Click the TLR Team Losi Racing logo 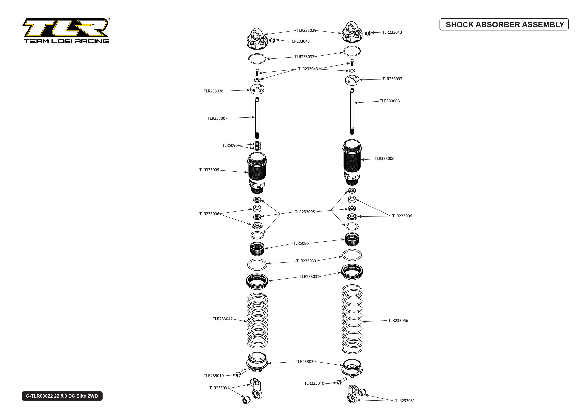point(66,31)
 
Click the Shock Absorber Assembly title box point(504,25)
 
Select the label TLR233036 point(213,91)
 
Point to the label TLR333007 point(217,118)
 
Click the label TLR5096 point(230,146)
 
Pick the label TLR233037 point(392,79)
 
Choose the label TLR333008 point(390,101)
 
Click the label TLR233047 point(222,319)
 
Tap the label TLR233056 point(398,321)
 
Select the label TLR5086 point(301,243)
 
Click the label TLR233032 point(309,277)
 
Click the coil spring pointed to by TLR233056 point(352,319)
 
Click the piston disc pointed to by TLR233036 point(257,89)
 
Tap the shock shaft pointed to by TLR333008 point(352,111)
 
